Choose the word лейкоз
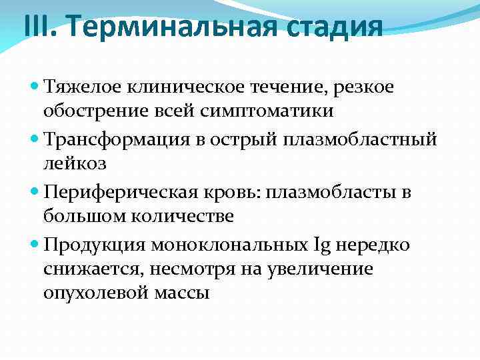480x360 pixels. tap(74, 164)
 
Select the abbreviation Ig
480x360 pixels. tap(320, 245)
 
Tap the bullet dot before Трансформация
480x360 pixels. tap(35, 139)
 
